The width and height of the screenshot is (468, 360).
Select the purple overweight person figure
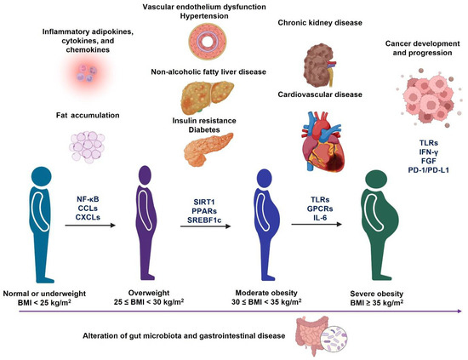coord(150,213)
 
